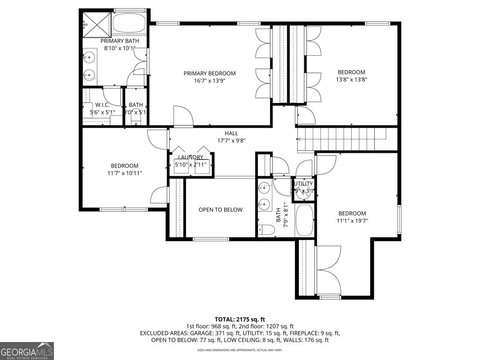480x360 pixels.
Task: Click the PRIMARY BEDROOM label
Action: tap(209, 73)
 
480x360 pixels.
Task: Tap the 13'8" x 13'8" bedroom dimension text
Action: tap(351, 80)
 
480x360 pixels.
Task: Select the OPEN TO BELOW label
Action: tap(221, 210)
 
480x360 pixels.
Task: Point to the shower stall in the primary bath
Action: tap(96, 22)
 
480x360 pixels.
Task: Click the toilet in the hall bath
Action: tap(266, 230)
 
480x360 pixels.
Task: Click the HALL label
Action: tap(231, 133)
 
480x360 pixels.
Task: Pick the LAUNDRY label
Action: tap(191, 157)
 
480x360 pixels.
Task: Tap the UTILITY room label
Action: tap(303, 184)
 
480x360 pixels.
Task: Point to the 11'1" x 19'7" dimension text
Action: tap(352, 221)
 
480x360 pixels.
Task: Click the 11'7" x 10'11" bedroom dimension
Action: tap(125, 173)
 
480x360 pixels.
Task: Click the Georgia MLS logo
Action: tap(27, 351)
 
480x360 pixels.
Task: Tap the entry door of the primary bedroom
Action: tap(183, 116)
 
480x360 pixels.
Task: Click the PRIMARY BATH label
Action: tap(120, 41)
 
